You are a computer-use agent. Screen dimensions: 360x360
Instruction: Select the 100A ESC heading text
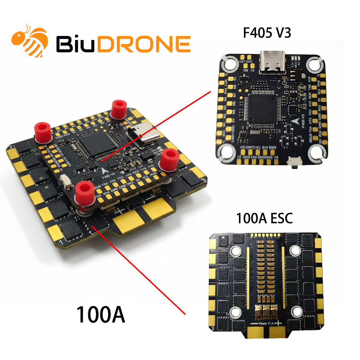[x=264, y=219]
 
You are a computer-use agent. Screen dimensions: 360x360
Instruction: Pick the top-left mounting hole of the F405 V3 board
[x=229, y=65]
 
